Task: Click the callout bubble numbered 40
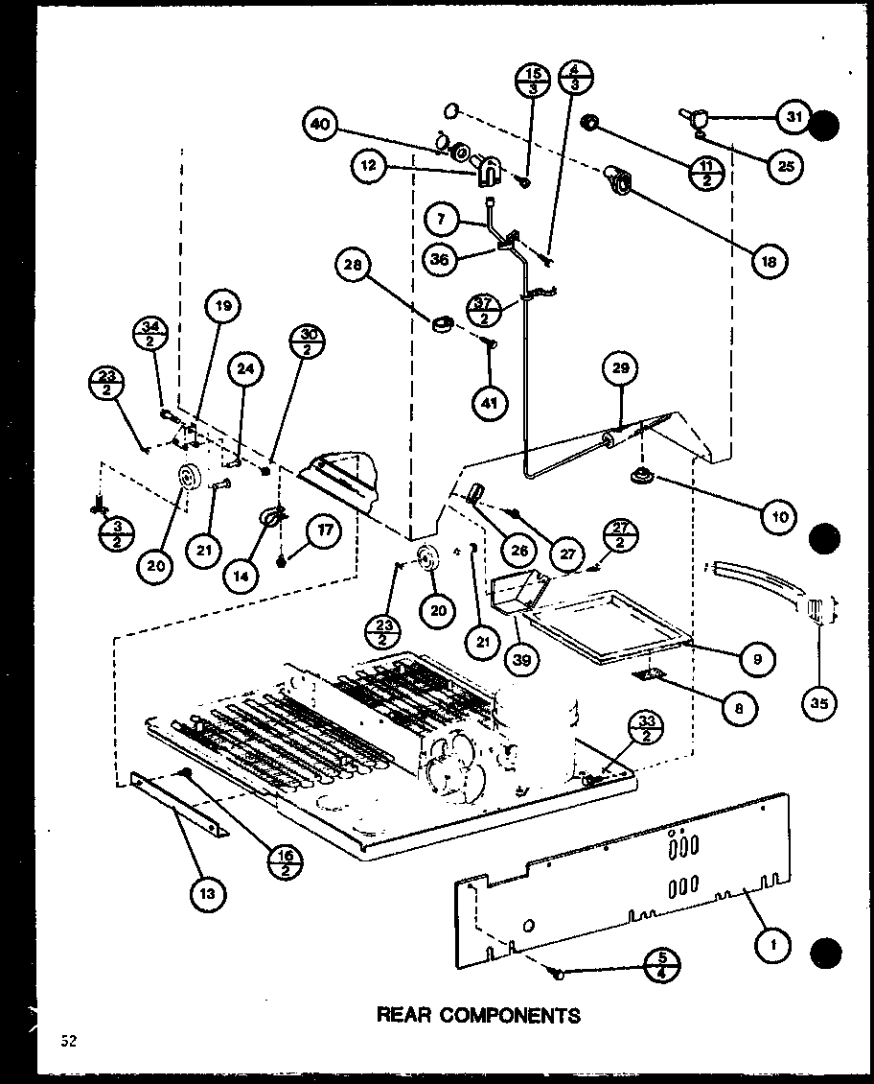(x=321, y=124)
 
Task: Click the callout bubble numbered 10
(x=777, y=518)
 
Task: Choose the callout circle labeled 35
(x=820, y=703)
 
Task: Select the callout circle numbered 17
(x=324, y=530)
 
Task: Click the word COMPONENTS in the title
(x=518, y=1015)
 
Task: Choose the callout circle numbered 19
(x=222, y=308)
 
